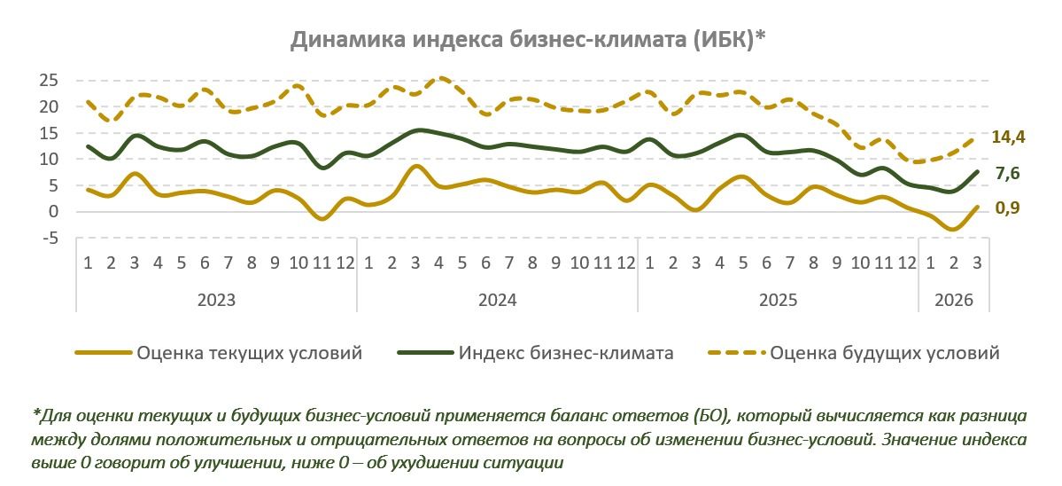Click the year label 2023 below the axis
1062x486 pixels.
pos(216,300)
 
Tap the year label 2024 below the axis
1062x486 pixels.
pos(497,300)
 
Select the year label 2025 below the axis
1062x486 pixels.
pos(779,300)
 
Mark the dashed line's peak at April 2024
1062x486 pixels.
pos(440,78)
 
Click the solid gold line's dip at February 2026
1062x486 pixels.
pos(954,229)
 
